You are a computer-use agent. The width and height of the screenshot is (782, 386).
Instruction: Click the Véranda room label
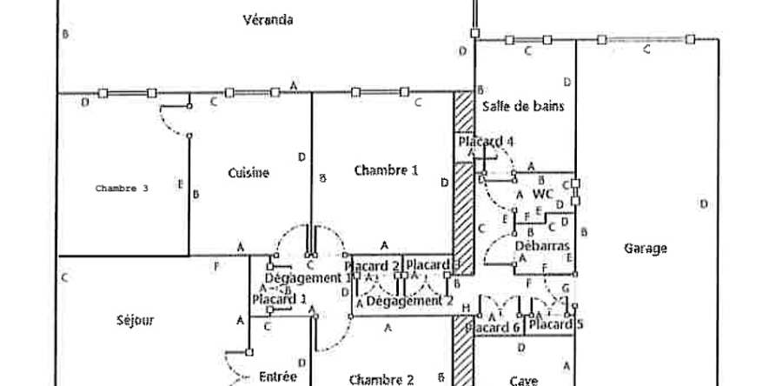point(267,20)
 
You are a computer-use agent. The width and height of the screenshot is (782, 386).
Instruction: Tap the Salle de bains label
point(523,107)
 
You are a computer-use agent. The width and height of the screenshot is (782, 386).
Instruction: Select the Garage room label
point(646,249)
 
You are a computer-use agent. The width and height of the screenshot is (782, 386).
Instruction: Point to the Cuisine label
point(249,172)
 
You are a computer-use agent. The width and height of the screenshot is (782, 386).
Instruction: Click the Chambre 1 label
point(386,170)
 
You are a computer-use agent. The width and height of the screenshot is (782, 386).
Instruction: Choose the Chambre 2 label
point(381,379)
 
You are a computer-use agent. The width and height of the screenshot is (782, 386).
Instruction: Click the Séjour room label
point(135,320)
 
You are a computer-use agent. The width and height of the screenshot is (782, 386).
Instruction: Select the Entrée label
point(278,377)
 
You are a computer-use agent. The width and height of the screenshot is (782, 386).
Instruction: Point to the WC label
point(544,193)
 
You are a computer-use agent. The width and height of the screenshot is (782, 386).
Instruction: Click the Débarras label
point(538,246)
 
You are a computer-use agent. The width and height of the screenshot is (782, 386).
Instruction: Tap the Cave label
point(524,380)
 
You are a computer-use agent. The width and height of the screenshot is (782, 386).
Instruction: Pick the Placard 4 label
point(487,141)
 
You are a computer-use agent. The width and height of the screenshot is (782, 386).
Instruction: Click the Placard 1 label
point(279,299)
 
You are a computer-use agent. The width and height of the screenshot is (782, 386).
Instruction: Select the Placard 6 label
point(493,328)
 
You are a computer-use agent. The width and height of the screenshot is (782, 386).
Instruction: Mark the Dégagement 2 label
point(409,301)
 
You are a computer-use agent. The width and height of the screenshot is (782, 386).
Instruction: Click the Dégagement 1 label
point(299,277)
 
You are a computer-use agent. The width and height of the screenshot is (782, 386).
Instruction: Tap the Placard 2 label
point(372,265)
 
